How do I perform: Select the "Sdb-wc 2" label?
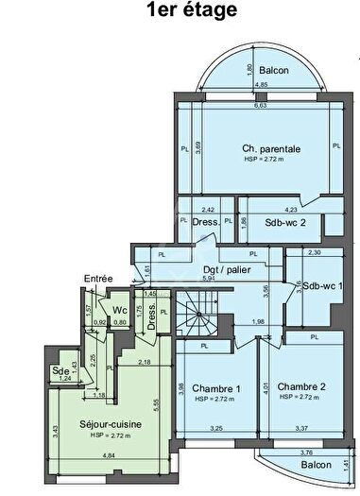point(284,223)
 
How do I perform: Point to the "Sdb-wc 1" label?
point(320,285)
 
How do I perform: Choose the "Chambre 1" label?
point(216,388)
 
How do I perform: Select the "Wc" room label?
point(120,309)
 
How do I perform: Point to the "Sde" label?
point(64,369)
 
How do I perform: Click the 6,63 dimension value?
point(260,105)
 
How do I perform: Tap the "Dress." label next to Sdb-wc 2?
point(206,222)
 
